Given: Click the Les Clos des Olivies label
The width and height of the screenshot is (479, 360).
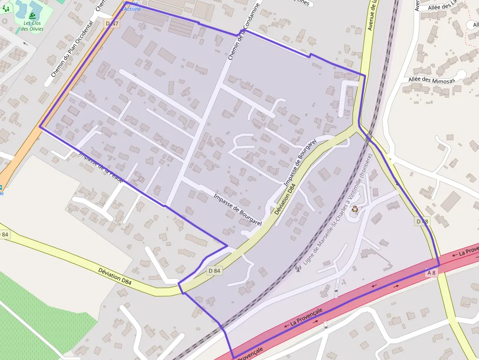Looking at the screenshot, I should pos(32,26).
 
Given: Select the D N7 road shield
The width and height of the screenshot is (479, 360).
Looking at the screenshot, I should pos(112,23).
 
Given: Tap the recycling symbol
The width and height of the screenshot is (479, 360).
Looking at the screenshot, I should pos(355,209).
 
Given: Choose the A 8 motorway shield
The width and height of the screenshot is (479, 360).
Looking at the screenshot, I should pos(432,273).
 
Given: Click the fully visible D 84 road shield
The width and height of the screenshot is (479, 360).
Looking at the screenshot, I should pos(214,271).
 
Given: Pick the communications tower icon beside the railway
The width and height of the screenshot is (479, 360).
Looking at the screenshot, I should pos(298,268).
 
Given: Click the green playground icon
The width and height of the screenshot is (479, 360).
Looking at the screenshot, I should pos(6,8).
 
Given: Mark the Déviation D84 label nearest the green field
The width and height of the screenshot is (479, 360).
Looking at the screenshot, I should pos(115,276).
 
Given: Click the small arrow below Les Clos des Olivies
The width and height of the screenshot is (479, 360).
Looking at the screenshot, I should pos(25,43).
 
